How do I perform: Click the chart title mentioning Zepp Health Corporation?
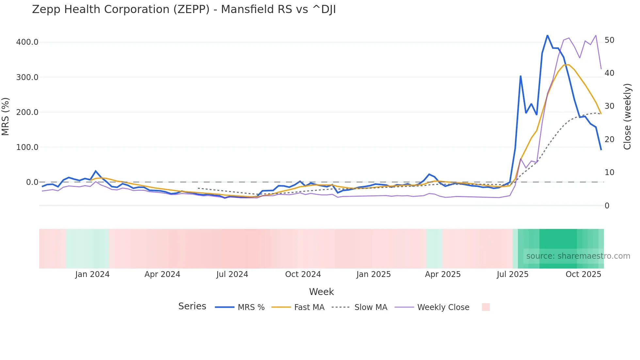pyautogui.click(x=184, y=9)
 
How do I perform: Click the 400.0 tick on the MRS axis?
pyautogui.click(x=27, y=42)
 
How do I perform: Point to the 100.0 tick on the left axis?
pyautogui.click(x=27, y=147)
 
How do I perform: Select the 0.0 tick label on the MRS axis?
pyautogui.click(x=32, y=182)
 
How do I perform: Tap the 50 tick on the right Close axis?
pyautogui.click(x=609, y=40)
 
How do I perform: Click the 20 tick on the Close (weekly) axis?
pyautogui.click(x=609, y=139)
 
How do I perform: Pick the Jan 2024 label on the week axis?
pyautogui.click(x=92, y=274)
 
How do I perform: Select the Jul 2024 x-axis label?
pyautogui.click(x=232, y=274)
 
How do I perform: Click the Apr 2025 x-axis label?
pyautogui.click(x=442, y=274)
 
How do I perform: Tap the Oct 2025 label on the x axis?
pyautogui.click(x=583, y=274)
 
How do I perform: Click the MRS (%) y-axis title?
pyautogui.click(x=6, y=117)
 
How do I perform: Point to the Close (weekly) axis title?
pyautogui.click(x=627, y=117)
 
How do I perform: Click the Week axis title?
pyautogui.click(x=321, y=292)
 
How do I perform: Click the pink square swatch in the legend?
pyautogui.click(x=486, y=307)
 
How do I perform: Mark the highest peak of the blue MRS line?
pyautogui.click(x=548, y=35)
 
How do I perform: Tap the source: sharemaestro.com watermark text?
pyautogui.click(x=578, y=256)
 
